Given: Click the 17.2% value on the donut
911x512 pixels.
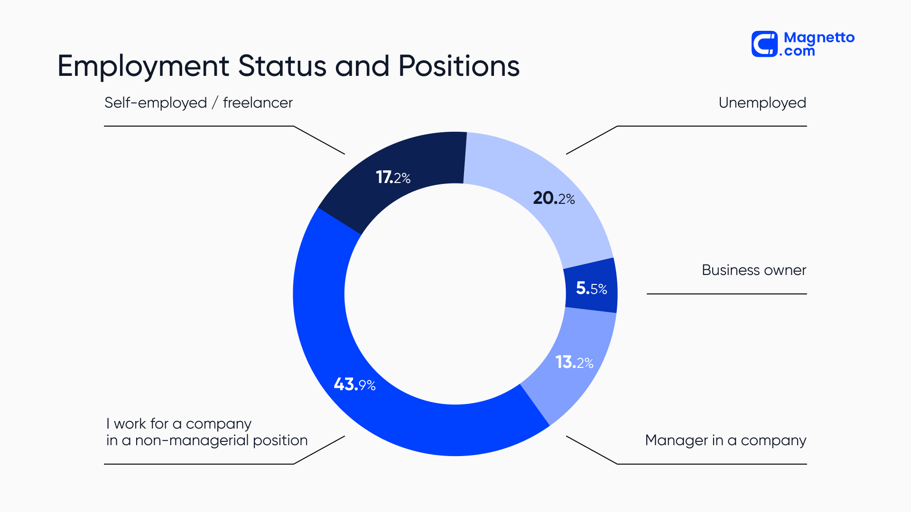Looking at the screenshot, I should (x=393, y=178).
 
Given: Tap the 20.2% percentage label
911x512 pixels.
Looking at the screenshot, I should (x=554, y=198).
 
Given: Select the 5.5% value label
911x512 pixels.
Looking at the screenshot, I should (x=591, y=288).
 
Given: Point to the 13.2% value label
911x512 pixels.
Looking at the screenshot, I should (x=574, y=363).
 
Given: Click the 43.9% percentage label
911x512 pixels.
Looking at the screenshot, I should (x=354, y=384).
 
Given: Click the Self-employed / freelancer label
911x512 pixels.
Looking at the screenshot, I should (x=198, y=103).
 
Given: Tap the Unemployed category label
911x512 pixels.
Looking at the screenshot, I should (x=762, y=103).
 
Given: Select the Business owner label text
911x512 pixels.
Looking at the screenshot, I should (x=753, y=270).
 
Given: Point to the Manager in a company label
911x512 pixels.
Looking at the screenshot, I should (x=725, y=440).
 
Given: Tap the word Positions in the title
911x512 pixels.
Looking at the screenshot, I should (x=459, y=66).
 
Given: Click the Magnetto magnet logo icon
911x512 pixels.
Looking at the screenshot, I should (x=764, y=44).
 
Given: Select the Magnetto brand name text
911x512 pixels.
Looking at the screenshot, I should (x=819, y=38).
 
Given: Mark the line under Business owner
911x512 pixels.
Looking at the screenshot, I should (x=726, y=294).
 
